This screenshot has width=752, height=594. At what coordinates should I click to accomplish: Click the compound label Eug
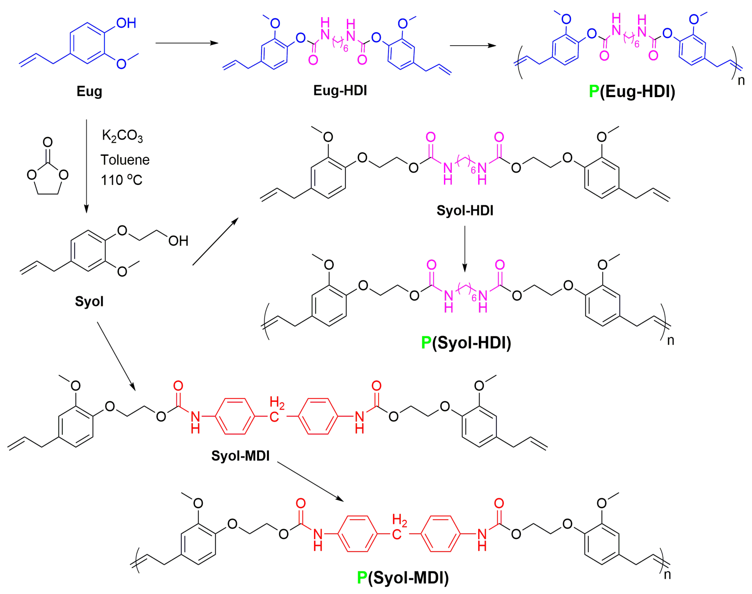(x=89, y=91)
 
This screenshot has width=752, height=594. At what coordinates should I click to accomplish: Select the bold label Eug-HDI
(x=340, y=90)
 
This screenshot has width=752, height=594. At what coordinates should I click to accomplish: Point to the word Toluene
(x=125, y=160)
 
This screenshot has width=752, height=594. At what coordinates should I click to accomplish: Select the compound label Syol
(x=89, y=301)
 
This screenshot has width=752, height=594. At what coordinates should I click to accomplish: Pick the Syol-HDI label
(x=465, y=210)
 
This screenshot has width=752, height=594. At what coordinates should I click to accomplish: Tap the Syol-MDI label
(x=240, y=456)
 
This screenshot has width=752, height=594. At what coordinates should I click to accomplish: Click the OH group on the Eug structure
(x=126, y=23)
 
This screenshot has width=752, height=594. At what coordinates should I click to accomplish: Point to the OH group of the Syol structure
(x=178, y=241)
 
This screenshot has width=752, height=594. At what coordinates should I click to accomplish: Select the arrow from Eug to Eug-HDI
(x=187, y=43)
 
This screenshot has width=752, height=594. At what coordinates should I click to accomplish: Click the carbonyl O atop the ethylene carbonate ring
(x=48, y=142)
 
